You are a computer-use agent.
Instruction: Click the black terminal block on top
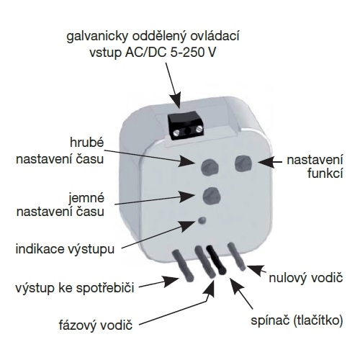[x=185, y=126]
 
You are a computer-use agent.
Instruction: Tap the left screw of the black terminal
[x=176, y=132]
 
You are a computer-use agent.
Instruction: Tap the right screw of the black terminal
[x=198, y=130]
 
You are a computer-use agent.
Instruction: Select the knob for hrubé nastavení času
[x=210, y=166]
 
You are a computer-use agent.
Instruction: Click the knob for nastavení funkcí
[x=243, y=163]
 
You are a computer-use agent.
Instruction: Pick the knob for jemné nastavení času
[x=212, y=196]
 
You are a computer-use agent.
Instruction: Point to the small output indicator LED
[x=202, y=220]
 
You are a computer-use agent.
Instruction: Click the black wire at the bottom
[x=217, y=260]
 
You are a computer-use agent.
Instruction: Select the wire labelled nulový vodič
[x=236, y=256]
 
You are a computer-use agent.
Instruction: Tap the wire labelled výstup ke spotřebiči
[x=183, y=266]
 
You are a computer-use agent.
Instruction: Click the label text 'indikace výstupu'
[x=65, y=249]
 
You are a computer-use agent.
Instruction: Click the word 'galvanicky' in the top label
[x=98, y=37]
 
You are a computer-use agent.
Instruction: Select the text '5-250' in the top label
[x=186, y=53]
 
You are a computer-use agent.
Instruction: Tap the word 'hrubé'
[x=87, y=143]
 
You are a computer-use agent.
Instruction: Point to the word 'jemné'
[x=86, y=198]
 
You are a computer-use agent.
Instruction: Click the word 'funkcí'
[x=325, y=174]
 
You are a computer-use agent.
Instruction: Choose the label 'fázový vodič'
[x=96, y=325]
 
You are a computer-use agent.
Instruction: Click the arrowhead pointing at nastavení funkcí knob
[x=266, y=163]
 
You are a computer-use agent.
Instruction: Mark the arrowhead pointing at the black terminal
[x=176, y=101]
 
